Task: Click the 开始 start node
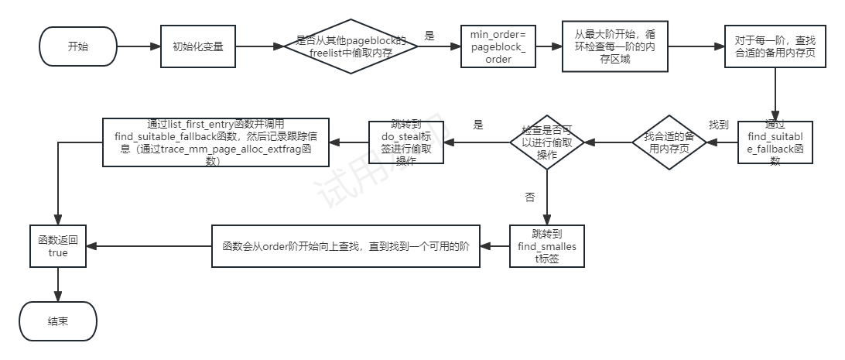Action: (77, 46)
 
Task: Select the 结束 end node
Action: (57, 321)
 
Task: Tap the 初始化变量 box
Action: (197, 46)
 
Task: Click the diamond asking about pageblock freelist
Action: (351, 46)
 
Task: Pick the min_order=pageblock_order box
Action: (498, 47)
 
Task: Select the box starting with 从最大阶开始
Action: (614, 46)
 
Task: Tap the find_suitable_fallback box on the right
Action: (774, 141)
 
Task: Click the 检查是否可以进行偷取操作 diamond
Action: (547, 142)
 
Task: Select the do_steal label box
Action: (406, 142)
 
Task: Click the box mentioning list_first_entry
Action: (216, 142)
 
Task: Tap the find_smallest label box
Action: (547, 246)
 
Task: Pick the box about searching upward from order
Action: (346, 246)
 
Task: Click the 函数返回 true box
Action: (57, 246)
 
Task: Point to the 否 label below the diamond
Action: (530, 197)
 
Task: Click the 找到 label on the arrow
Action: (720, 125)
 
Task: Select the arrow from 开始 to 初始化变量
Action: (138, 46)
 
